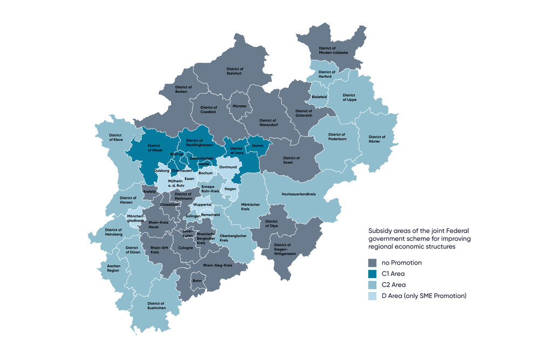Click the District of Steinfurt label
[x=234, y=71]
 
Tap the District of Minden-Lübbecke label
[x=333, y=50]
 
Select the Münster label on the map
[x=239, y=106]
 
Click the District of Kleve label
[x=116, y=137]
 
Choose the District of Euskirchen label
[x=156, y=305]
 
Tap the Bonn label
[x=197, y=281]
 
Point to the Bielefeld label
[x=320, y=97]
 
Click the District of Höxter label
[x=378, y=139]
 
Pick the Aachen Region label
[x=113, y=268]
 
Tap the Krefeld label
[x=150, y=191]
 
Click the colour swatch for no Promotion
[x=372, y=262]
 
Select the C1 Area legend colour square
[x=372, y=274]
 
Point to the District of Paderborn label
[x=336, y=137]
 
